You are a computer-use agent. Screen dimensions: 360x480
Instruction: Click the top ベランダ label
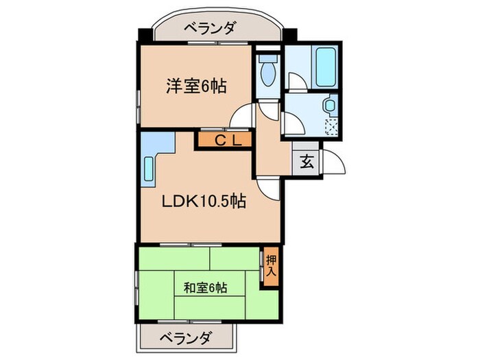(211, 29)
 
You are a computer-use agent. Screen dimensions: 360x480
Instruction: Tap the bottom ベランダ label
(187, 337)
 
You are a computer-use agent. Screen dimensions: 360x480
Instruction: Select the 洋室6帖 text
(197, 87)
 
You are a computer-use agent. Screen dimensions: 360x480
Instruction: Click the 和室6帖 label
(205, 288)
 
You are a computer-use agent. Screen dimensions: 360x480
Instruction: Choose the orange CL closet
(224, 141)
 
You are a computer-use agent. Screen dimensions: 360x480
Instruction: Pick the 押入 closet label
(271, 265)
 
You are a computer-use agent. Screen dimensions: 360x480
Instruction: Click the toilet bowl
(268, 71)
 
